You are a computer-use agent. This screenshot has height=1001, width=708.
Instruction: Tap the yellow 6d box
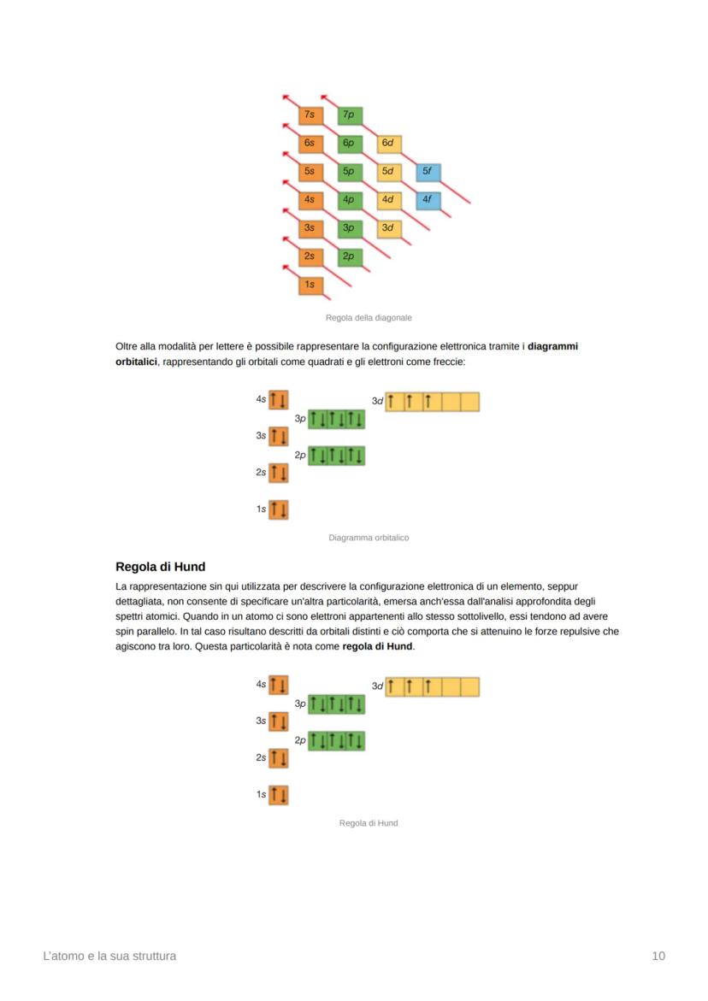[x=388, y=144]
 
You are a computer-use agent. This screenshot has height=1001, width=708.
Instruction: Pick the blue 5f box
[x=428, y=172]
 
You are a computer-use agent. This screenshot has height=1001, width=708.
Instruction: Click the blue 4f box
[x=428, y=200]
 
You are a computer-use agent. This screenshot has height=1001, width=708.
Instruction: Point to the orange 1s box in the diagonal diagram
[x=310, y=285]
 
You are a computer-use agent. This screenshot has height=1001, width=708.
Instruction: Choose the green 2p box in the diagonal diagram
[x=349, y=256]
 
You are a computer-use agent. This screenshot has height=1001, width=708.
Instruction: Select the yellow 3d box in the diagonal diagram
[x=388, y=228]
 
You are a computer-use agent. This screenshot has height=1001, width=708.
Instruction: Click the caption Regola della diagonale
[x=369, y=318]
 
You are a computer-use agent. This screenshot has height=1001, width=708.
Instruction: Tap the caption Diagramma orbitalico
[x=369, y=538]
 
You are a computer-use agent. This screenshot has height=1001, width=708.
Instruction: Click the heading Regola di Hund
[x=160, y=567]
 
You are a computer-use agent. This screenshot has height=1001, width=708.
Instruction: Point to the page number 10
[x=658, y=956]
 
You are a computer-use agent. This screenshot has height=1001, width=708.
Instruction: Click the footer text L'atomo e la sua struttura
[x=109, y=956]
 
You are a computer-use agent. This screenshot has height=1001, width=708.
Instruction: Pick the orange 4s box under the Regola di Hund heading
[x=278, y=685]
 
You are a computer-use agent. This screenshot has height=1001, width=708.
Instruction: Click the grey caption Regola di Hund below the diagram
[x=369, y=823]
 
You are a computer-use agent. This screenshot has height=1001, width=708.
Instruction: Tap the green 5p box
[x=349, y=172]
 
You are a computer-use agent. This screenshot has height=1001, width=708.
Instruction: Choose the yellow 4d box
[x=388, y=200]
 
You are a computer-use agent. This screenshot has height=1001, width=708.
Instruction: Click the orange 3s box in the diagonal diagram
[x=310, y=228]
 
